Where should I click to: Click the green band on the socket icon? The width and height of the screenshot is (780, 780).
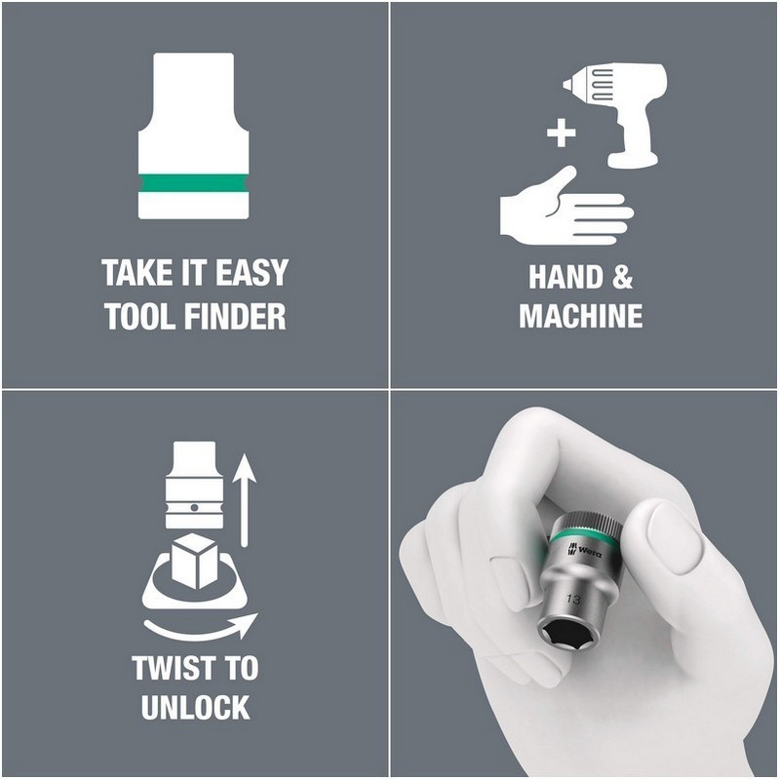point(193,183)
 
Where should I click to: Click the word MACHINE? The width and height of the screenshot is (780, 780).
point(580,316)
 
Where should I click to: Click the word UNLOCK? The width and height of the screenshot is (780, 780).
point(195,707)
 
